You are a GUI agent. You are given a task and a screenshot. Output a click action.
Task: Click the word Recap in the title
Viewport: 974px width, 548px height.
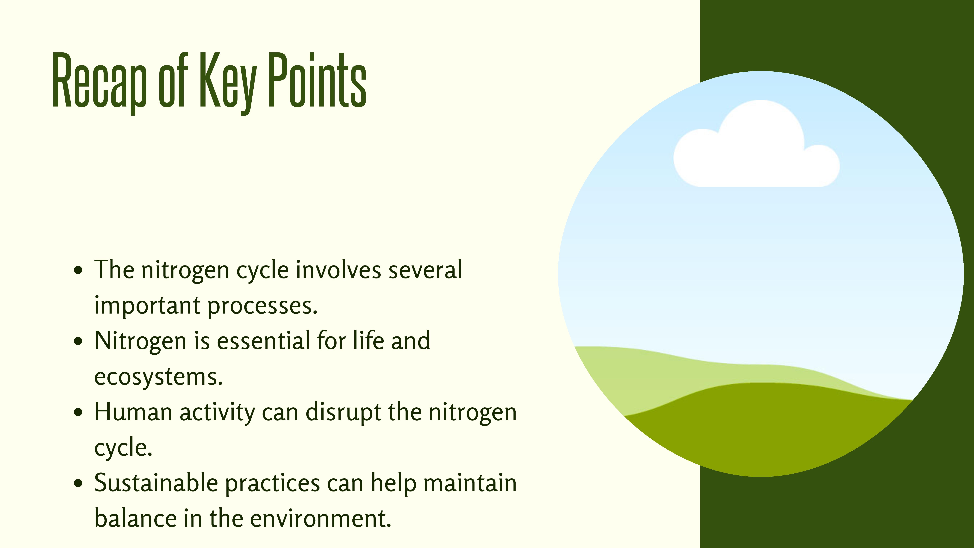99,81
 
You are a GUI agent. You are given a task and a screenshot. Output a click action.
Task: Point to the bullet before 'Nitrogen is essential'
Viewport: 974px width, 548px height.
78,341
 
